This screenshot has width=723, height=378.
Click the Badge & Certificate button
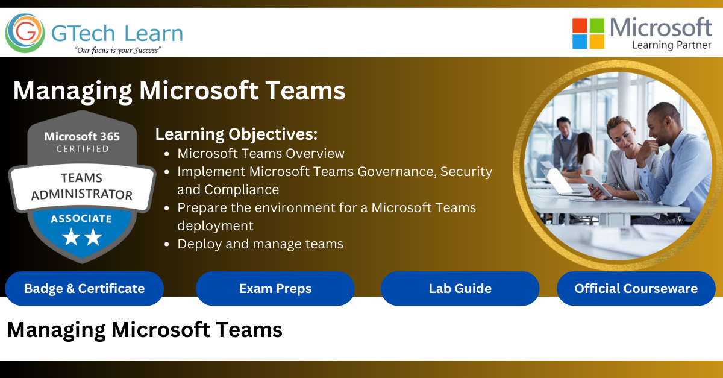click(84, 289)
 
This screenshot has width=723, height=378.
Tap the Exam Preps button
click(275, 289)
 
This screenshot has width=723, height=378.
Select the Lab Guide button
click(460, 289)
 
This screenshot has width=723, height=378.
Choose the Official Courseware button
click(636, 289)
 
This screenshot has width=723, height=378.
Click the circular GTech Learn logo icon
click(25, 33)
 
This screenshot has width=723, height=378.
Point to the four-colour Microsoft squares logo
click(588, 33)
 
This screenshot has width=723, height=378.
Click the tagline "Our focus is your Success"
click(117, 51)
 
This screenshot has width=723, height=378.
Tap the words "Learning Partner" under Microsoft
click(672, 45)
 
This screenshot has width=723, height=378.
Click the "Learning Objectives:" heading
click(236, 134)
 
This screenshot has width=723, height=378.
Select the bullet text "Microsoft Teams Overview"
click(261, 153)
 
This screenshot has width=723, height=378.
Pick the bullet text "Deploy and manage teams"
click(260, 244)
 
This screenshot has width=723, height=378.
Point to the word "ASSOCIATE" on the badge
click(81, 218)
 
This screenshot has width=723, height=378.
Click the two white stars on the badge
click(82, 238)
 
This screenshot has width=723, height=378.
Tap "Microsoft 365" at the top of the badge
click(83, 136)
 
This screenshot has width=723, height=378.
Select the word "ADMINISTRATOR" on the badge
click(82, 194)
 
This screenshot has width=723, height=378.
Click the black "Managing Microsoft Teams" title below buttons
click(145, 330)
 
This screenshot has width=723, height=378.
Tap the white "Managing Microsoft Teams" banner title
click(179, 91)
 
